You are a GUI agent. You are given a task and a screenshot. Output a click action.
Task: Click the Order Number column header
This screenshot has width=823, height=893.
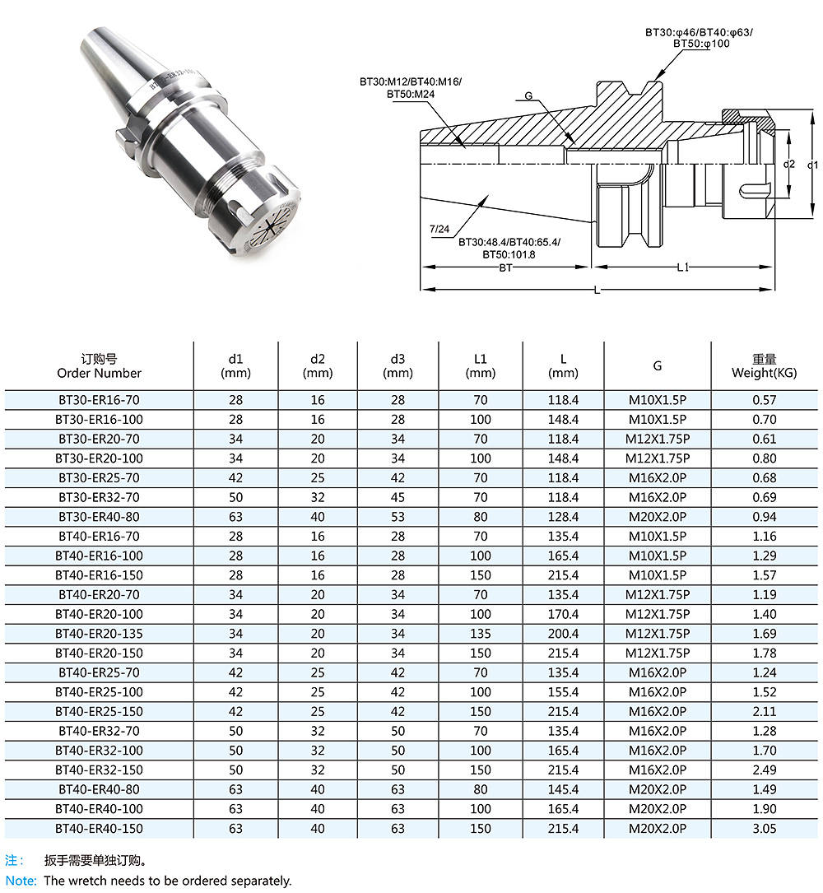click(99, 373)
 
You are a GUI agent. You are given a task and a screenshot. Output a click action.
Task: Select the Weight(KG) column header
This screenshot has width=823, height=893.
click(764, 373)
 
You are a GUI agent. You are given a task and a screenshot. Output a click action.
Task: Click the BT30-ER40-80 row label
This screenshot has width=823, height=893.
click(99, 517)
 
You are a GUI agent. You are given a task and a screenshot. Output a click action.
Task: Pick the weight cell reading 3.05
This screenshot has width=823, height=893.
click(764, 828)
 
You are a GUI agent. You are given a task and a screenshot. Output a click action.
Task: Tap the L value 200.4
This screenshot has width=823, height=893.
click(563, 633)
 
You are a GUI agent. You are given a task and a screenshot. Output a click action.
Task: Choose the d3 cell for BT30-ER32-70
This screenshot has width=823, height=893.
click(398, 497)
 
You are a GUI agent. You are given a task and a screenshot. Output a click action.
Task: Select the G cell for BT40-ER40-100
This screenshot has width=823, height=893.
click(658, 809)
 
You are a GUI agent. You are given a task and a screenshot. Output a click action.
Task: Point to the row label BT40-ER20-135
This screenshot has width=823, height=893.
click(99, 633)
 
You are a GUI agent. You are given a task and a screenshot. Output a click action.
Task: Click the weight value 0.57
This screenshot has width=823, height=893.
click(764, 400)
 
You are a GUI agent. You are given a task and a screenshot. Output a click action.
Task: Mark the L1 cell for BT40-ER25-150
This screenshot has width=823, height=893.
click(480, 711)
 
